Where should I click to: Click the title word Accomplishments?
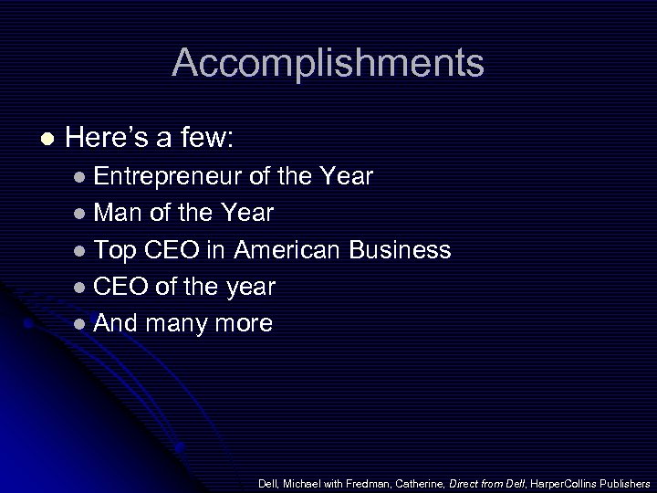[328, 63]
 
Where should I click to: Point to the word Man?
[115, 213]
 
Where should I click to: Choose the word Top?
[114, 250]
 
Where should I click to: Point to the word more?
[245, 324]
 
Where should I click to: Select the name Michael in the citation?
[302, 482]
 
